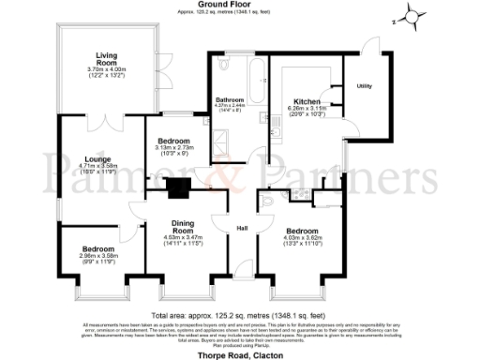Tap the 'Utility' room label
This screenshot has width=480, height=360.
(365, 87)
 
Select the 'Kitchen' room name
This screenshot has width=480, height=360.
(307, 101)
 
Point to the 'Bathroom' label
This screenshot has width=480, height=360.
(230, 99)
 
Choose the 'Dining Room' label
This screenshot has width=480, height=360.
(183, 226)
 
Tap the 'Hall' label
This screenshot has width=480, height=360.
(241, 229)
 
